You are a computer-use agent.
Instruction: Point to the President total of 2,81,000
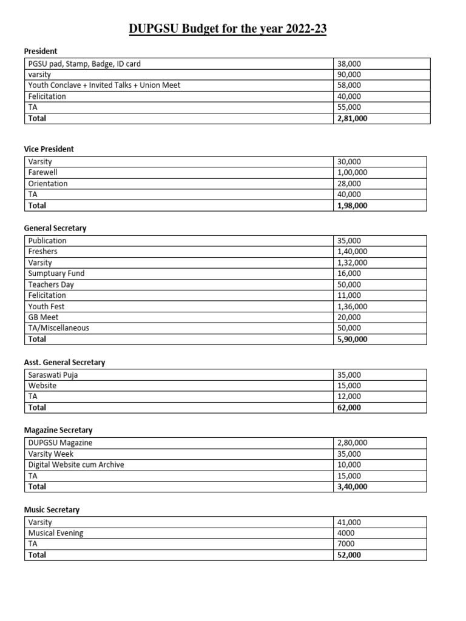pos(352,118)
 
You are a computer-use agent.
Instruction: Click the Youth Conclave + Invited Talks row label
pos(104,86)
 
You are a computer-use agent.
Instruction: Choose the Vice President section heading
pos(49,149)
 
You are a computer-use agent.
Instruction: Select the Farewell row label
pos(42,173)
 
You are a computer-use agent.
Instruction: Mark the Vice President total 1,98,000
pos(352,206)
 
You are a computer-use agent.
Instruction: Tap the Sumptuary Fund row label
pos(56,274)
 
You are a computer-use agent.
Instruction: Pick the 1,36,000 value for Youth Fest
pos(352,307)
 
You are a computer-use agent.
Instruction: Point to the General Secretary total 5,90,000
pos(352,340)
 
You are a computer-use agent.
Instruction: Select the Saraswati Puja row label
pos(53,375)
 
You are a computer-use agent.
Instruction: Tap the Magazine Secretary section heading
pos(58,430)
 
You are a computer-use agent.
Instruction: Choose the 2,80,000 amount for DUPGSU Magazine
pos(352,443)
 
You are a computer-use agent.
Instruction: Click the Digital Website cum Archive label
pos(76,465)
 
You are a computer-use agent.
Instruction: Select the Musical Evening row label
pos(56,533)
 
